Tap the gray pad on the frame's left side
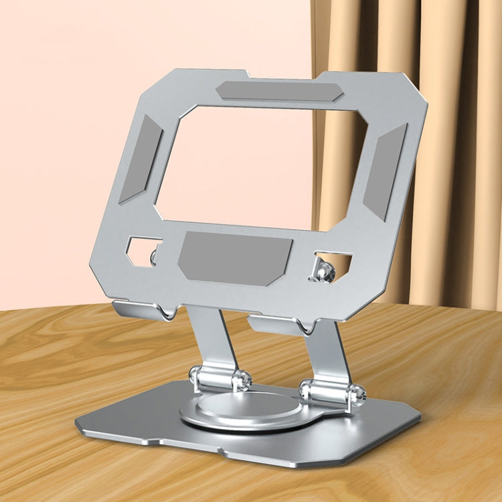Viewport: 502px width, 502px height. [x=141, y=159]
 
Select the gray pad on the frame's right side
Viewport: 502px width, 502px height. [x=386, y=171]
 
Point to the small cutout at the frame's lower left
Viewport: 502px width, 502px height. [x=143, y=251]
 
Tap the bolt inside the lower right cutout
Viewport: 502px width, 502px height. [x=325, y=270]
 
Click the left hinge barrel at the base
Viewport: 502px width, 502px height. [x=218, y=378]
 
